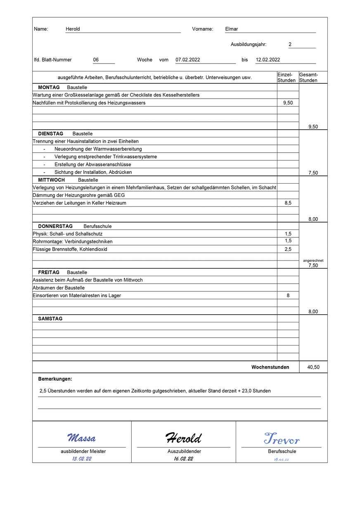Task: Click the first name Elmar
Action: (232, 29)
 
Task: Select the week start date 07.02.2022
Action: (188, 59)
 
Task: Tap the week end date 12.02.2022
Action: (268, 59)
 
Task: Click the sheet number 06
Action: (96, 59)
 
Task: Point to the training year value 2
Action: (290, 44)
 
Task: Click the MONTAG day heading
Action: (49, 88)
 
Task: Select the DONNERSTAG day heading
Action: (55, 226)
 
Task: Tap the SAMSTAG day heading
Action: (50, 319)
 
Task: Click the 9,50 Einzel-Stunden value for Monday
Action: (288, 103)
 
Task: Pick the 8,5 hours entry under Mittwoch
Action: (288, 203)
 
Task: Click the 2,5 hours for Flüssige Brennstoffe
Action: (288, 249)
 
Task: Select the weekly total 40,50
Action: (313, 367)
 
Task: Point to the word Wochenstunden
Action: (270, 367)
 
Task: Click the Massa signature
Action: (82, 438)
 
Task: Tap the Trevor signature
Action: (282, 438)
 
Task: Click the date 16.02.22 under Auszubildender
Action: (184, 459)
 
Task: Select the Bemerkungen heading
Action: (55, 379)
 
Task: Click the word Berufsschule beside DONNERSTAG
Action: (97, 226)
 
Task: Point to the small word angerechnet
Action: (313, 260)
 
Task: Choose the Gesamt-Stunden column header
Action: (308, 77)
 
